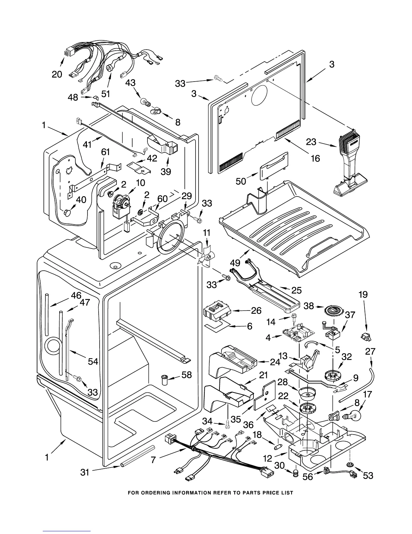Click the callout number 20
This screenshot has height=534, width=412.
57,74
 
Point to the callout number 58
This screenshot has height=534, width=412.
187,375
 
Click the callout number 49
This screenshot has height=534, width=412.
235,263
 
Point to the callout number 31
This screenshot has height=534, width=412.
85,472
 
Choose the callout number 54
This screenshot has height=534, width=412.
93,361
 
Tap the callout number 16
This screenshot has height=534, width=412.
315,158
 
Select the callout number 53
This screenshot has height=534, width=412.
368,475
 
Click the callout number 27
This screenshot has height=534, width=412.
370,351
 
